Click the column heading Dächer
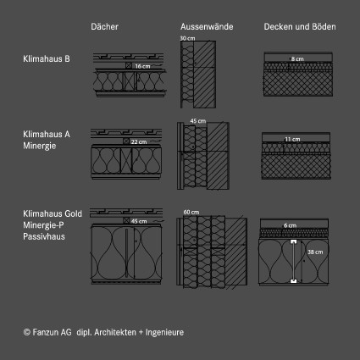(x=104, y=26)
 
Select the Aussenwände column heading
(x=207, y=26)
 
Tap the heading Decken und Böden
(x=300, y=26)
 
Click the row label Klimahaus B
(x=47, y=58)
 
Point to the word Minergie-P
(x=43, y=225)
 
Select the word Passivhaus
(x=44, y=236)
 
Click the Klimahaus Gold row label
(x=53, y=213)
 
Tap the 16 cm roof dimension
(x=142, y=66)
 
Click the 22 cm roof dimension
(x=139, y=141)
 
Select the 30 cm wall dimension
(x=187, y=38)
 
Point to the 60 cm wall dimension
(x=191, y=212)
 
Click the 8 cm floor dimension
(x=297, y=59)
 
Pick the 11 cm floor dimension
(x=292, y=139)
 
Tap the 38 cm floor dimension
(x=315, y=252)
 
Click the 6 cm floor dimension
(x=290, y=225)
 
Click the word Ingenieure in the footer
(x=164, y=332)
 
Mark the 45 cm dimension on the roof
(x=139, y=221)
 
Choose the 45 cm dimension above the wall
(x=198, y=121)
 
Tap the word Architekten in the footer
(x=115, y=332)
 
